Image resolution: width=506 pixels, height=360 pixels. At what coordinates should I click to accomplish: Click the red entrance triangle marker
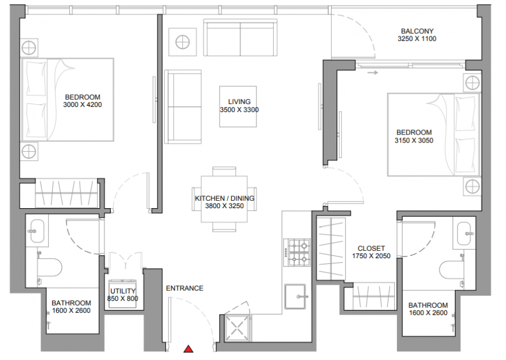coord(188,349)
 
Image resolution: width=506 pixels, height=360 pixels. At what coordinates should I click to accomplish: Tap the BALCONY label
coord(417,31)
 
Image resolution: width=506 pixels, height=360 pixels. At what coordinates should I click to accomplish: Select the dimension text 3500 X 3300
coord(239,110)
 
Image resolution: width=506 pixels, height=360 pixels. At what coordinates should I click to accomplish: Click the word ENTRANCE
coord(184,289)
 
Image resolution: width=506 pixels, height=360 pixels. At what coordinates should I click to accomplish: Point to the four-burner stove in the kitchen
coord(297,253)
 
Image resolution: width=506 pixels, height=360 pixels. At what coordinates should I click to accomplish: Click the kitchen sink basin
coord(295,296)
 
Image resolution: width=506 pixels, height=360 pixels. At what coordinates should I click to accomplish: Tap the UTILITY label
coord(123,291)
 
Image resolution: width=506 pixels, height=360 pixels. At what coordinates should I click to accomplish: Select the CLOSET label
coord(371,248)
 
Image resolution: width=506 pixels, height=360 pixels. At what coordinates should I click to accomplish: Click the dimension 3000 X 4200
coord(83,105)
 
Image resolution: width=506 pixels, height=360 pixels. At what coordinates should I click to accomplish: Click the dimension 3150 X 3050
coord(414,141)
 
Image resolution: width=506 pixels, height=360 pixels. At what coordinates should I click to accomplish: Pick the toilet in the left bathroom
coord(49,267)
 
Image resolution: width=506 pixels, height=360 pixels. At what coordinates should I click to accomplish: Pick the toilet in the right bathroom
coord(452,269)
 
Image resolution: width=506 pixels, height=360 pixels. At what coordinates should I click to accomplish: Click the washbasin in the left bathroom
coord(37,231)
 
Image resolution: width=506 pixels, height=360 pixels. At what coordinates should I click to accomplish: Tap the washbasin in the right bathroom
coord(464,233)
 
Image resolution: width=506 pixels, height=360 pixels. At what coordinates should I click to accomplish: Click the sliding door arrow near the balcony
coord(373,73)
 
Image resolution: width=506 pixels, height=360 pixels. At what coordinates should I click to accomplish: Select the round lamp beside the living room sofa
coord(183,42)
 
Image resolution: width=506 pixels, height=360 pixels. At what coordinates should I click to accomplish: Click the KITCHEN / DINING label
coord(224,198)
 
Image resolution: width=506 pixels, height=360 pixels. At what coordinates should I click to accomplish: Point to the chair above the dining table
coord(224,172)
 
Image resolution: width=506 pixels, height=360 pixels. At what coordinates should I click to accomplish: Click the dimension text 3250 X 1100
coord(417,39)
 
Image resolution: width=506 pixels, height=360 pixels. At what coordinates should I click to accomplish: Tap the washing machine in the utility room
coord(123,293)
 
